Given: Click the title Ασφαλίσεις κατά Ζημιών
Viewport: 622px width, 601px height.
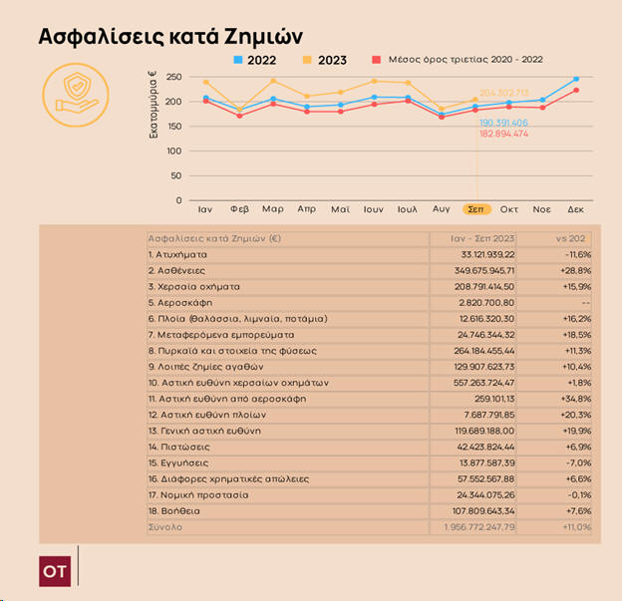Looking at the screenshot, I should (x=169, y=37).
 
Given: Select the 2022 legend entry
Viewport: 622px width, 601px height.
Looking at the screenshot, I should (x=255, y=61).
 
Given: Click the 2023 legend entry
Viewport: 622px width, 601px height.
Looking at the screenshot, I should (x=325, y=61).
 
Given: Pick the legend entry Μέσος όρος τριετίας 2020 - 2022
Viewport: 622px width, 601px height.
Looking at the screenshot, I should (x=458, y=61).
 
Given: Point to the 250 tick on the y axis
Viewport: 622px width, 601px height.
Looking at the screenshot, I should (x=173, y=77).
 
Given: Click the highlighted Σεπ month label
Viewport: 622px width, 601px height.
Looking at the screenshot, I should (x=476, y=210).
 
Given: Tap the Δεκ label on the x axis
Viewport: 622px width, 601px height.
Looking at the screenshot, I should (x=575, y=210).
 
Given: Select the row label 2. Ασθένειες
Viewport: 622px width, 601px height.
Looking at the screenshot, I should (x=178, y=270).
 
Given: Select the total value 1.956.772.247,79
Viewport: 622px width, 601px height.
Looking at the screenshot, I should (x=479, y=526).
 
